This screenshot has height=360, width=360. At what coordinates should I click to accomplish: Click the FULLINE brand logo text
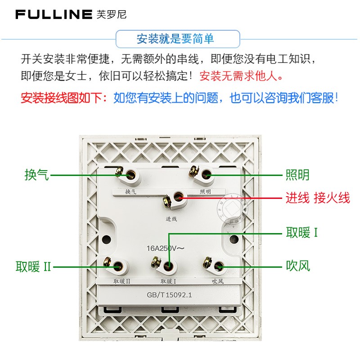[54, 14]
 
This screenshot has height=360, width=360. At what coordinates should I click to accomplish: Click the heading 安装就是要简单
[175, 39]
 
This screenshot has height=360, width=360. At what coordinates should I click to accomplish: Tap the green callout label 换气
[36, 175]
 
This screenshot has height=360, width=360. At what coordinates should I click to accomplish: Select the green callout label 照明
[298, 175]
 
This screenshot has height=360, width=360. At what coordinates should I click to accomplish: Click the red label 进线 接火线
[318, 198]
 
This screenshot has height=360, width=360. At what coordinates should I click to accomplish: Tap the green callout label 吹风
[298, 266]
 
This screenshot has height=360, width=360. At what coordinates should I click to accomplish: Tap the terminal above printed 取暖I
[168, 266]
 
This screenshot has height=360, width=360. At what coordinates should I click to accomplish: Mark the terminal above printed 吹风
[219, 266]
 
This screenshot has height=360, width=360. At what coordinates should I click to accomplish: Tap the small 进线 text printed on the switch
[171, 219]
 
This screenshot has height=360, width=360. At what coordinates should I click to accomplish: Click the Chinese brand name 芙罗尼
[112, 14]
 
